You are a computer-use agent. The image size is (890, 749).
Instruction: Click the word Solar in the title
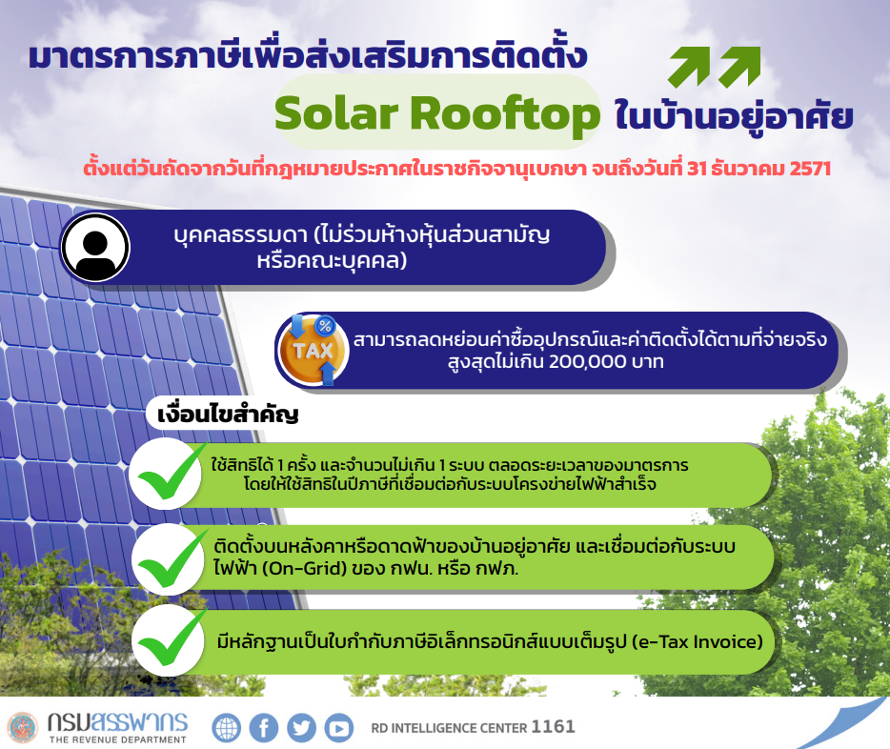point(336,112)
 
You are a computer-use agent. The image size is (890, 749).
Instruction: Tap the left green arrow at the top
point(690,67)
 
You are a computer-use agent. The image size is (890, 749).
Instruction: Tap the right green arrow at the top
point(739,67)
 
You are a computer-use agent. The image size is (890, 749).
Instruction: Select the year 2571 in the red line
point(810,169)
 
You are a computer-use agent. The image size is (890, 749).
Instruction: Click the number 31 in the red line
point(696,169)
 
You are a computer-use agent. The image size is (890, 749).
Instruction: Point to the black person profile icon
point(95,248)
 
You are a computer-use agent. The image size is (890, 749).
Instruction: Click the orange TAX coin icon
point(313,350)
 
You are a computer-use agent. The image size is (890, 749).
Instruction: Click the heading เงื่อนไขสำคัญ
point(228,415)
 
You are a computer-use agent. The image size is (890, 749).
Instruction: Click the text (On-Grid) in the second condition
point(304,568)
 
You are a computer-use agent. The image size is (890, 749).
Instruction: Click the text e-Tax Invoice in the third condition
point(699,641)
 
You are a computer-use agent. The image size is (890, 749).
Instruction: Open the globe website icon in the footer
point(227,727)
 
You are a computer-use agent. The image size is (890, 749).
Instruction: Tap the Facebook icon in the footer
point(264,727)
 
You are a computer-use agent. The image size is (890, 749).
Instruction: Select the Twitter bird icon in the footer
point(301,727)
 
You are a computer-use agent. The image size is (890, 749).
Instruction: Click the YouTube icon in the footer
point(339,727)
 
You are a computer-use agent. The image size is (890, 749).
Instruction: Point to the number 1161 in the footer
point(553,727)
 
